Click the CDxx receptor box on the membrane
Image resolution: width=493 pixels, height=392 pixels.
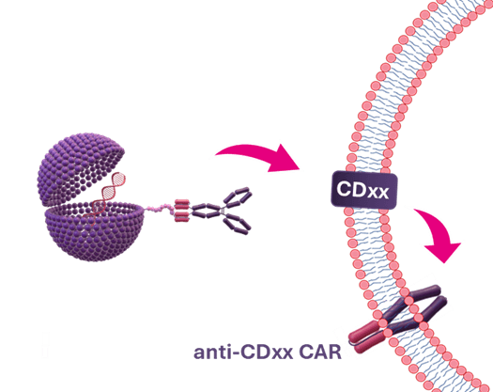(364, 190)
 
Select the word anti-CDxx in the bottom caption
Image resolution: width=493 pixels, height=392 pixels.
(243, 352)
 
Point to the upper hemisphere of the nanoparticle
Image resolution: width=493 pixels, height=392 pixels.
(80, 168)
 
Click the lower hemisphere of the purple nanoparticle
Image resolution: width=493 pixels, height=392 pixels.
(94, 233)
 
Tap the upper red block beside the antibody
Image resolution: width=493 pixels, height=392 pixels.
(182, 204)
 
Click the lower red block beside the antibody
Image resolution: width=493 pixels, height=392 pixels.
(182, 216)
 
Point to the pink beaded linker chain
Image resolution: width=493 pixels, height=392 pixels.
(161, 209)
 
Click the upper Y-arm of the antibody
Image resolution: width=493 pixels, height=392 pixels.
(238, 197)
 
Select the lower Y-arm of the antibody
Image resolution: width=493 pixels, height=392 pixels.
(238, 224)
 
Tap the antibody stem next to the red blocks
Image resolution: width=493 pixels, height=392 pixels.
(206, 211)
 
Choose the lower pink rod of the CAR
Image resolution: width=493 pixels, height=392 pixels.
(368, 342)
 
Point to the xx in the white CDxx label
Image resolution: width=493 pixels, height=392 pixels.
(377, 192)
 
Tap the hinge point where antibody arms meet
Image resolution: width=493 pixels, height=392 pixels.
(223, 211)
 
